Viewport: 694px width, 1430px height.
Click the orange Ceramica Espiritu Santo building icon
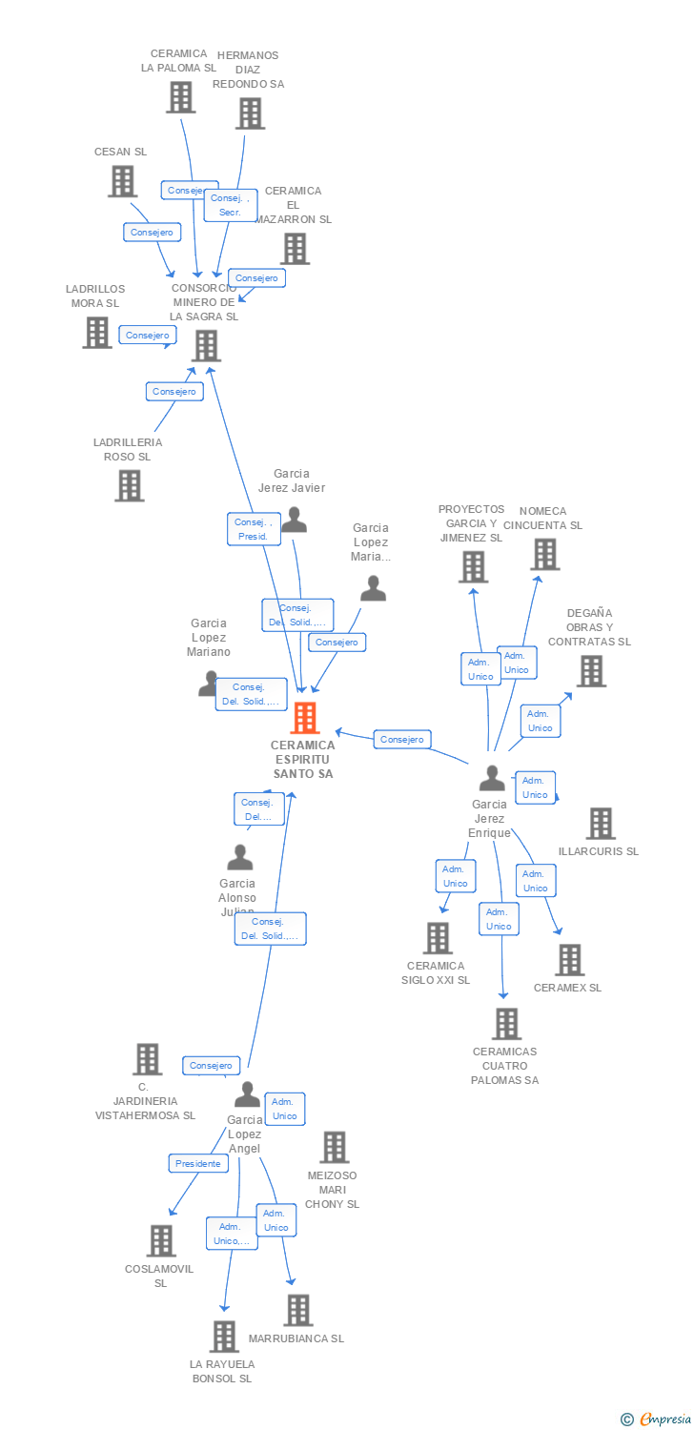click(304, 717)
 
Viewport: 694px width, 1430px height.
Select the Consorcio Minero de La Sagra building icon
click(206, 345)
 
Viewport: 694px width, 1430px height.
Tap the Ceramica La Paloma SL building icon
click(180, 96)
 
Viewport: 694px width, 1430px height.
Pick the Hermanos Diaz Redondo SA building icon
click(250, 113)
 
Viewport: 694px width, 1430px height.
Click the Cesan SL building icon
click(122, 181)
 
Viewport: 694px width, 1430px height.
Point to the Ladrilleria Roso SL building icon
click(129, 485)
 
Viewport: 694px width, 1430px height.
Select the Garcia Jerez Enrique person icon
click(492, 778)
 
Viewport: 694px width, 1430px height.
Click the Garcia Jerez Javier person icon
click(295, 520)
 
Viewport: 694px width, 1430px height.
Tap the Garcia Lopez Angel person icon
click(247, 1094)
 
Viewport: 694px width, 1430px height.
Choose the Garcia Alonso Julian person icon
click(239, 857)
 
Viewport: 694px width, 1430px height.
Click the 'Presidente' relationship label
click(198, 1163)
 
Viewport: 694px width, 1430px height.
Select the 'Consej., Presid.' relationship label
click(254, 529)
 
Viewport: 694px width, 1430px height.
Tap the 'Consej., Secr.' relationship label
click(230, 205)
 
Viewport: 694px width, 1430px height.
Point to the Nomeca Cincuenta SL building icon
click(544, 554)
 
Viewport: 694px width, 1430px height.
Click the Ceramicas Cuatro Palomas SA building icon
click(506, 1024)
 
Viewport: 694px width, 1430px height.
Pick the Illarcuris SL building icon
click(600, 823)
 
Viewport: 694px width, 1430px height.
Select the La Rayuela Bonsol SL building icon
click(224, 1337)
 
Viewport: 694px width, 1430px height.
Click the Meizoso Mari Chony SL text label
click(332, 1190)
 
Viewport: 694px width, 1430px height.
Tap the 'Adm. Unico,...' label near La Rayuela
click(232, 1234)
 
